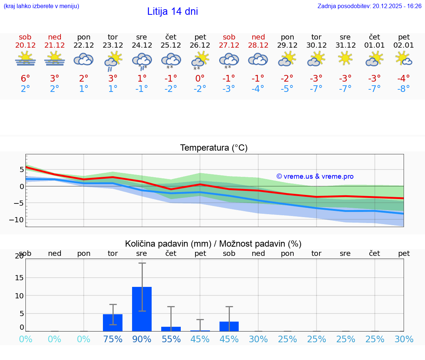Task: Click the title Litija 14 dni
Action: coord(172,11)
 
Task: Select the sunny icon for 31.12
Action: coord(345,58)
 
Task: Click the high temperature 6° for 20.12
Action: coord(25,78)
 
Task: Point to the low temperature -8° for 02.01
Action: coord(404,89)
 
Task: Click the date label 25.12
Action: coord(171,45)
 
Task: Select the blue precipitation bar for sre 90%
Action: coord(142,309)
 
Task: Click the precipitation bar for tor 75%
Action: coord(113,323)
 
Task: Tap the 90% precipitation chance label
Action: coord(142,339)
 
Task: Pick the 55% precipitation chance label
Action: coord(171,339)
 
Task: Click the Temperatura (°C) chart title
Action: coord(214,148)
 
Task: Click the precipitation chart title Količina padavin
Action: coord(213,244)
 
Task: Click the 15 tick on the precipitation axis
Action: coord(19,278)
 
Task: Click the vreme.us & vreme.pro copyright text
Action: coord(315,176)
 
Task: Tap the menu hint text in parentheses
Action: coord(41,6)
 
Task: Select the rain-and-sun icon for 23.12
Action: coord(113,61)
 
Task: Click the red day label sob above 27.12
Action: coord(229,37)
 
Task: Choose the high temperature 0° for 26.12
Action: coord(200,78)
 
